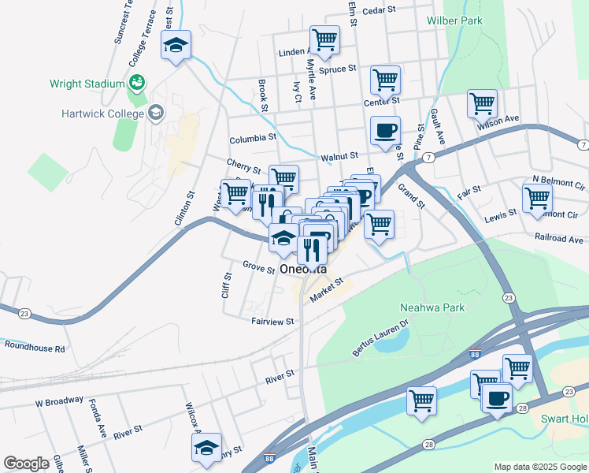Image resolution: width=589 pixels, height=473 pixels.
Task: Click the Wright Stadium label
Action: pyautogui.click(x=87, y=83)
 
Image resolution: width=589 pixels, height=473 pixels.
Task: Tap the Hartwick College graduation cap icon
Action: pyautogui.click(x=156, y=113)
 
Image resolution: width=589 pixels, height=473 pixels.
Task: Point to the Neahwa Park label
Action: pyautogui.click(x=432, y=307)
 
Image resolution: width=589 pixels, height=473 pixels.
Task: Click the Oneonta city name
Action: pyautogui.click(x=303, y=270)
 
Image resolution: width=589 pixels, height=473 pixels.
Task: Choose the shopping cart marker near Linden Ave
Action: pyautogui.click(x=324, y=39)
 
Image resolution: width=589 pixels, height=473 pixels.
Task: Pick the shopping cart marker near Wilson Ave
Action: pyautogui.click(x=482, y=102)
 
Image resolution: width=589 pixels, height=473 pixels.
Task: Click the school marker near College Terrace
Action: pyautogui.click(x=176, y=46)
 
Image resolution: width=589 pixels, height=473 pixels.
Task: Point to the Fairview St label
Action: pyautogui.click(x=272, y=322)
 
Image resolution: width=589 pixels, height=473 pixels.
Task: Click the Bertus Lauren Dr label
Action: pyautogui.click(x=382, y=337)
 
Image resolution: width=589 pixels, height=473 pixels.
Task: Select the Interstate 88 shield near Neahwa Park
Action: pyautogui.click(x=474, y=354)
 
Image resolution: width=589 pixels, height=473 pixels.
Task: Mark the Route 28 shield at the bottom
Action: pyautogui.click(x=428, y=446)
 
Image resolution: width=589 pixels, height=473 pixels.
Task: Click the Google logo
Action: pyautogui.click(x=26, y=464)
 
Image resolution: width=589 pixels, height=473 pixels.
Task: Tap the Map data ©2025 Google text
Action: pyautogui.click(x=539, y=467)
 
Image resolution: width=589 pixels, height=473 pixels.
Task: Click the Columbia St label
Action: pyautogui.click(x=253, y=139)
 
